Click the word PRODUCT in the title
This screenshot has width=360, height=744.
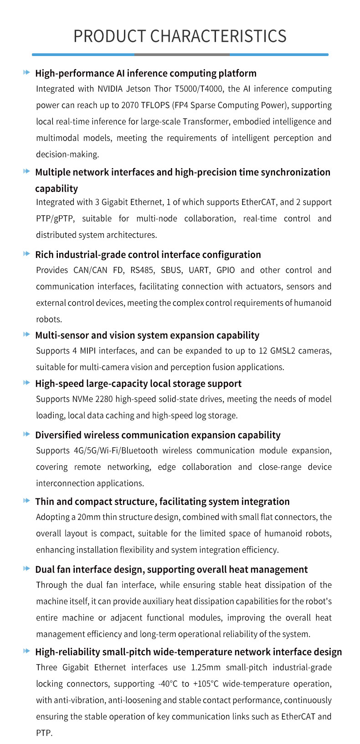110,36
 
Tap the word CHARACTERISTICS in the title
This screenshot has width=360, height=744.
218,36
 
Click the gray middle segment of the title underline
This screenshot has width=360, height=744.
182,55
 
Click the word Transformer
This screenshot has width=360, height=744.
203,122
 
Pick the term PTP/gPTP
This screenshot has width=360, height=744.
54,219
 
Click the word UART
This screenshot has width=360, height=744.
199,270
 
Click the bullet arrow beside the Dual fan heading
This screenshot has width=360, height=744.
26,569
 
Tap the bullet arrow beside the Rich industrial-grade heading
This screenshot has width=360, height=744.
26,254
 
